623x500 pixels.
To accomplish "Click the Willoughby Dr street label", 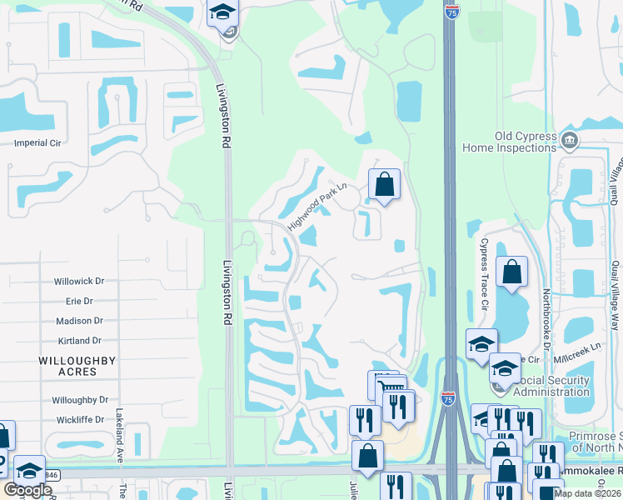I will [80, 400].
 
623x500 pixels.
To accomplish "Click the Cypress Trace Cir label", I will [483, 272].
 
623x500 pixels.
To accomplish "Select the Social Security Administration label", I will [551, 386].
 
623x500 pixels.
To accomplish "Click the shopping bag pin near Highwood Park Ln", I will [384, 183].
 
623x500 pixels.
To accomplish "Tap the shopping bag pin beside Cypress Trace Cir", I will [511, 272].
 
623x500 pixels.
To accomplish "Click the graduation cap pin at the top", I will [222, 12].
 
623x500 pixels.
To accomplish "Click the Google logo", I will [27, 490].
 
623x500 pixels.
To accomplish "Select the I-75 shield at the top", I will [451, 12].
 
